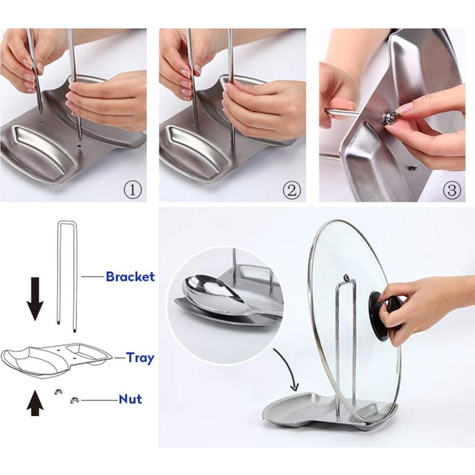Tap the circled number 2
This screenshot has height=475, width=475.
291,190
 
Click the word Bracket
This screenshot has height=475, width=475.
130,277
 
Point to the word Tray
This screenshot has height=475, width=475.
140,358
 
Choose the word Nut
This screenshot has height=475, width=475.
130,399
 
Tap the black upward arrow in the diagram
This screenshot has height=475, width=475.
35,404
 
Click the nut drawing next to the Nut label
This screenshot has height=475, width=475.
75,400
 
